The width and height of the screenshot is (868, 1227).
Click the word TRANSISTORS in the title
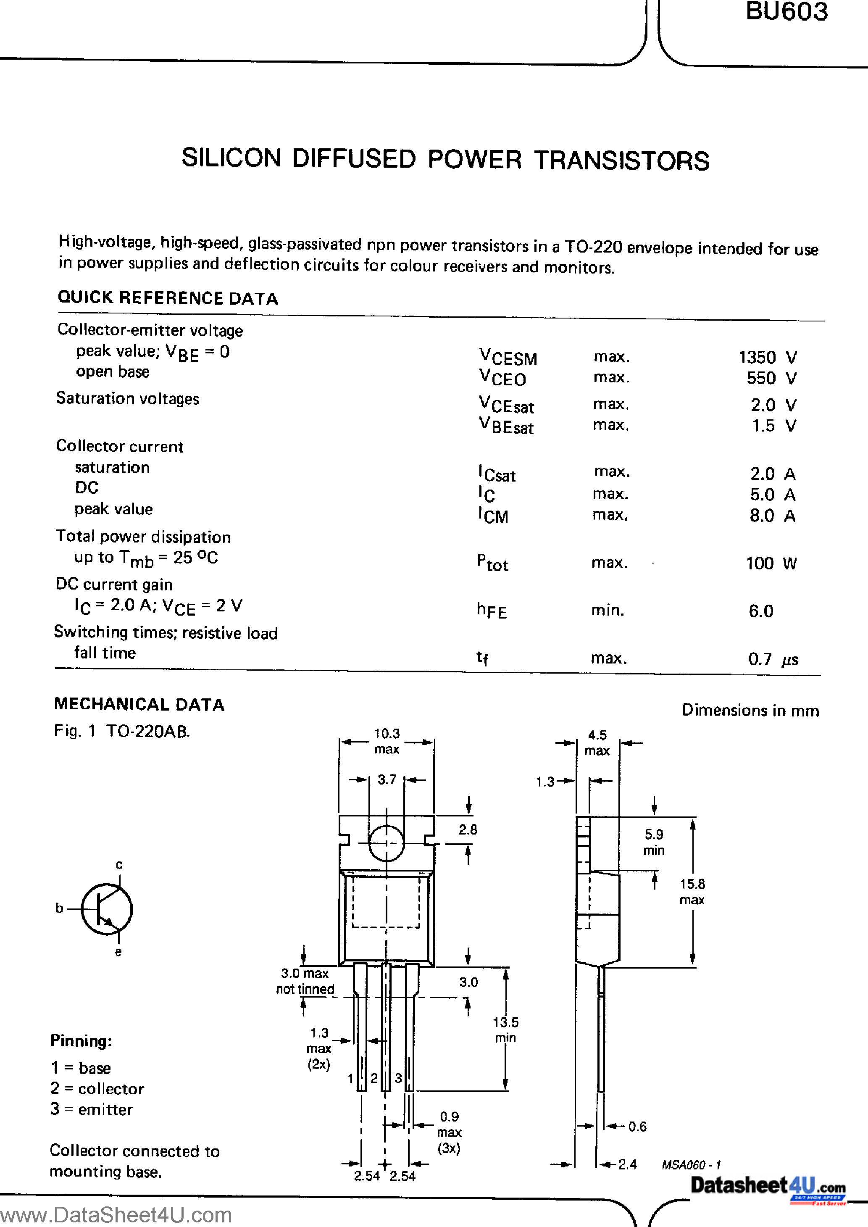click(x=622, y=161)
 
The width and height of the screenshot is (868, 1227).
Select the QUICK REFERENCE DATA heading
click(x=168, y=298)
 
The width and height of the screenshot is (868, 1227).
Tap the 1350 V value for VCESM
click(x=768, y=357)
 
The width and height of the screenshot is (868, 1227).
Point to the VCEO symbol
click(x=502, y=378)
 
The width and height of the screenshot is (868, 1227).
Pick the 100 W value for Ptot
click(x=771, y=563)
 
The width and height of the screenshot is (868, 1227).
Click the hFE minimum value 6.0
click(x=760, y=611)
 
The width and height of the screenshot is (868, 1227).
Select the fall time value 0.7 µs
click(x=772, y=659)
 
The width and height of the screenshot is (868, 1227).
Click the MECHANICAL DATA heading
click(x=139, y=704)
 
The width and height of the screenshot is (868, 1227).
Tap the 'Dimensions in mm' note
click(x=750, y=710)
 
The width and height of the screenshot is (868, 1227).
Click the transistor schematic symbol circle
click(x=107, y=908)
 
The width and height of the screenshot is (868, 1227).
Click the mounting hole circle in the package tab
click(x=386, y=843)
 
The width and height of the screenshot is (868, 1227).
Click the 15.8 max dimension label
click(x=692, y=891)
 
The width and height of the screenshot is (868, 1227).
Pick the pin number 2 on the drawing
click(x=374, y=1078)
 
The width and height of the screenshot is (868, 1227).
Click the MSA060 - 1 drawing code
click(x=691, y=1164)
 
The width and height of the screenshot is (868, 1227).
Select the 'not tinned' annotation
click(x=305, y=989)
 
